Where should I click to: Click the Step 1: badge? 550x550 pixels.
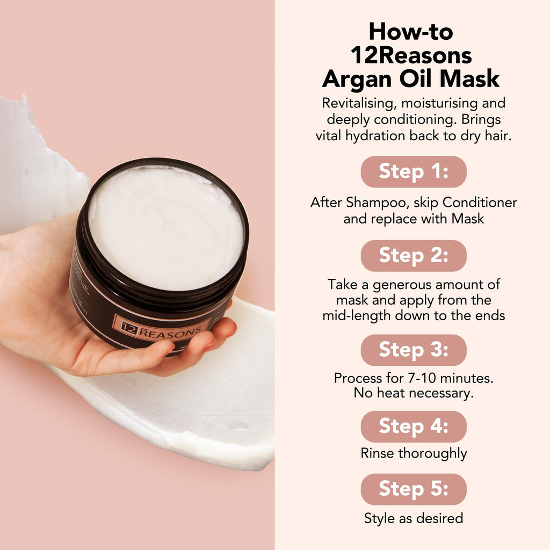(x=413, y=172)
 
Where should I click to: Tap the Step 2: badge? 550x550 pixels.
(x=413, y=256)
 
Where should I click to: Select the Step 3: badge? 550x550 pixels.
(x=413, y=350)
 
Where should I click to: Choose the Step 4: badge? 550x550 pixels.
(x=413, y=426)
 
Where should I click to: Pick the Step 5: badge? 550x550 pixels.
(x=413, y=489)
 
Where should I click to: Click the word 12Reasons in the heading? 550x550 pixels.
(x=411, y=55)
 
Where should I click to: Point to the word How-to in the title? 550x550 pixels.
(x=411, y=32)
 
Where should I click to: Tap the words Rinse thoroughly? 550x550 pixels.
(x=414, y=453)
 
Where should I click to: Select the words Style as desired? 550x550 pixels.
(x=414, y=518)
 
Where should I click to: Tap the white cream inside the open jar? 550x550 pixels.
(x=167, y=226)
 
